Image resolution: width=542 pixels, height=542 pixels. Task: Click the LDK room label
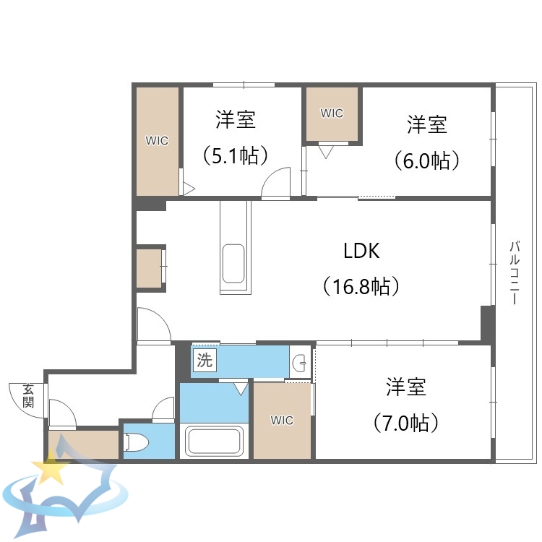361,251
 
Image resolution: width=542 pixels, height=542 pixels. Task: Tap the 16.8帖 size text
361,287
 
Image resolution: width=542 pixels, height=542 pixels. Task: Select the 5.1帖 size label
236,155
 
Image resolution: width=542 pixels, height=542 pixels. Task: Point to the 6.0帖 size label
427,160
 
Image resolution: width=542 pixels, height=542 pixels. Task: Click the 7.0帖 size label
405,422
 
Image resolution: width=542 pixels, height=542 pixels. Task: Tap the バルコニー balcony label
515,272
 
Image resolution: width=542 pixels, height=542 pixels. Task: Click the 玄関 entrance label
28,395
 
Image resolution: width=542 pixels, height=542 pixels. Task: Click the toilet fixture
137,442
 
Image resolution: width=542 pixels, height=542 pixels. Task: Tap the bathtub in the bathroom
215,441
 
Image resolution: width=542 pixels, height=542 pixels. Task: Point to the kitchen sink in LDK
233,264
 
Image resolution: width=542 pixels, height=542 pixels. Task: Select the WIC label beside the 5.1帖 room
157,141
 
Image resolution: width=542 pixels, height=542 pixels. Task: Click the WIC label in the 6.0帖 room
332,113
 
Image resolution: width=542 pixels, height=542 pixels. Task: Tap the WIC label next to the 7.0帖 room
282,421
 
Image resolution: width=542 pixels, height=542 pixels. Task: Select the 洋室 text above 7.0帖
405,387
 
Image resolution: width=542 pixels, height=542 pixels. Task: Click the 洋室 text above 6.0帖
427,124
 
